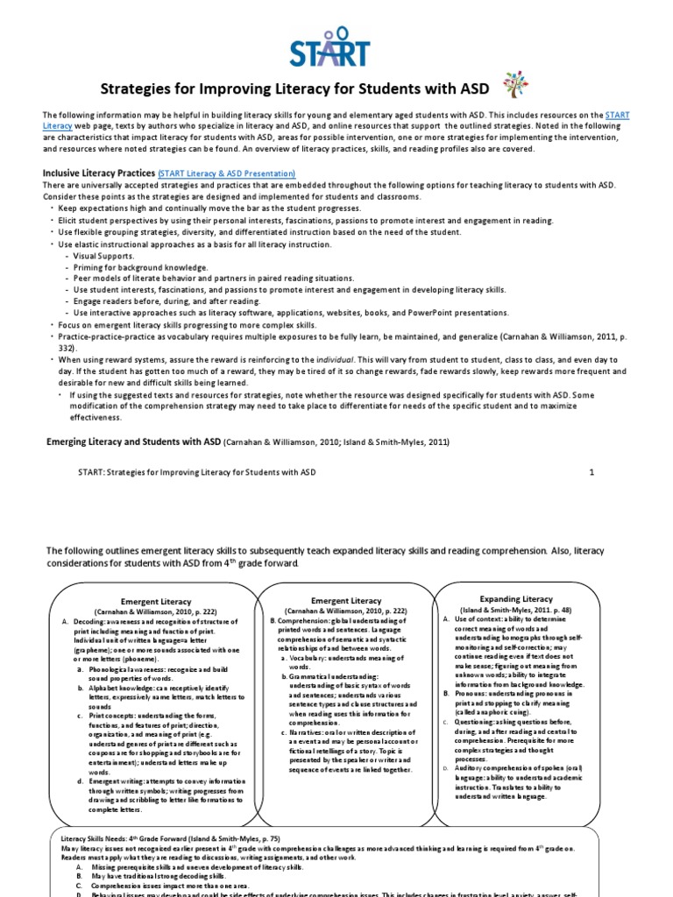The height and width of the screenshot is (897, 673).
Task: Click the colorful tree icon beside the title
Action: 514,86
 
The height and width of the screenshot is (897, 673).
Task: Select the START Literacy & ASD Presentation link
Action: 226,174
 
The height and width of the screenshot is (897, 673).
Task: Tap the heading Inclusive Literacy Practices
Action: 98,173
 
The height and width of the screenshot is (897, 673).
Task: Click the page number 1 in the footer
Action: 592,471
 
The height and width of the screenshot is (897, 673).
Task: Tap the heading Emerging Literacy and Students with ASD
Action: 133,442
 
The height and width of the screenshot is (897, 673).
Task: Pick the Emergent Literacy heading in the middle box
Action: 346,601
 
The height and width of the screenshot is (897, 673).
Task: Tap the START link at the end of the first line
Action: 618,116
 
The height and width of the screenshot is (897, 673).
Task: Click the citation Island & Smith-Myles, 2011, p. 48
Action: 516,608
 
